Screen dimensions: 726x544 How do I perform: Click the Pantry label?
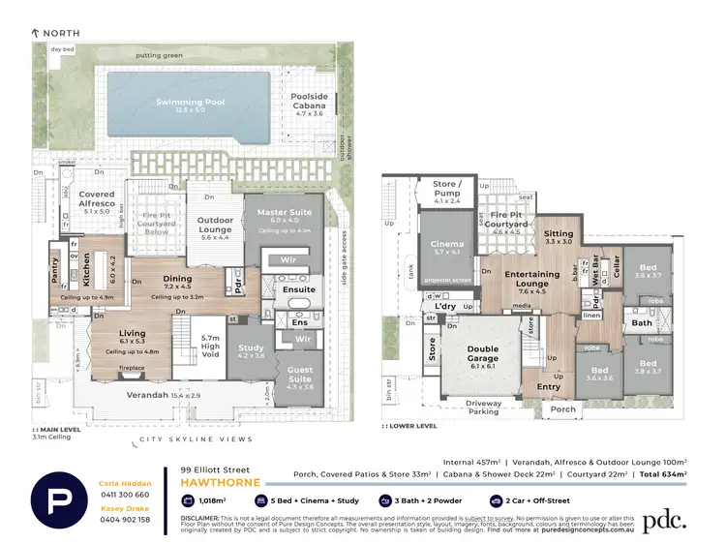pyautogui.click(x=55, y=269)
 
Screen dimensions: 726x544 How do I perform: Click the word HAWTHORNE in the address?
pyautogui.click(x=216, y=480)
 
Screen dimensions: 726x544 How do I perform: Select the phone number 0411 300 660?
pyautogui.click(x=125, y=494)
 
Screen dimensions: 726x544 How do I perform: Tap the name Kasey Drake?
pyautogui.click(x=125, y=508)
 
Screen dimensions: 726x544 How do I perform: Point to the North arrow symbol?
pyautogui.click(x=37, y=33)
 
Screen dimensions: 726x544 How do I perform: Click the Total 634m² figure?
pyautogui.click(x=663, y=474)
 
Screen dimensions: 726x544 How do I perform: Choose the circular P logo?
pyautogui.click(x=62, y=500)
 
